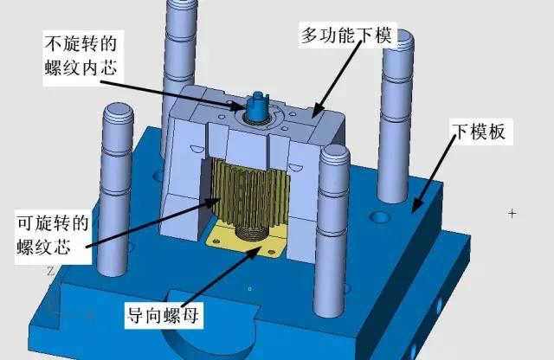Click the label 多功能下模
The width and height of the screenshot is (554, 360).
click(346, 35)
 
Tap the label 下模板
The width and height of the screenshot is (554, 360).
click(480, 132)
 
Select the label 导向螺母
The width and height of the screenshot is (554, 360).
click(163, 315)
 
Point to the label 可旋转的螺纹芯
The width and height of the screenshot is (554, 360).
click(53, 235)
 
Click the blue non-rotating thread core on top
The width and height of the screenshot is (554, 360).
click(258, 105)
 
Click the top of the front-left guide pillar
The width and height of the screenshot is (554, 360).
click(119, 112)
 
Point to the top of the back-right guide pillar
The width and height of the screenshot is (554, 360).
click(398, 39)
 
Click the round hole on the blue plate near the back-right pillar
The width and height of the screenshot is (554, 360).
click(379, 216)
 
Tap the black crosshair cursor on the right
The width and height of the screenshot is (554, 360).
click(512, 214)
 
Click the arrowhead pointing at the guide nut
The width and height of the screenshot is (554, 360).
click(256, 252)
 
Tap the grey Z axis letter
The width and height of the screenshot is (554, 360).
click(50, 271)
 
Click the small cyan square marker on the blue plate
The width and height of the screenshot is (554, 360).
click(250, 289)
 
